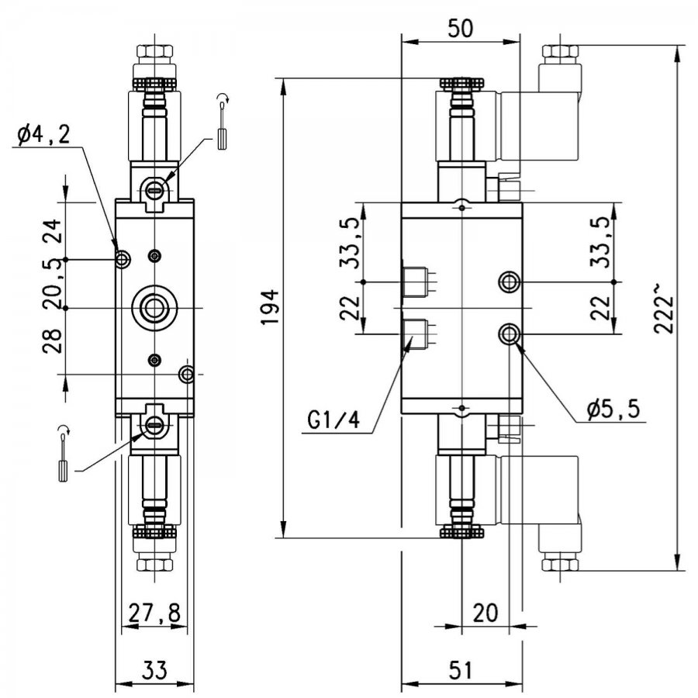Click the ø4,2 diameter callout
(43, 134)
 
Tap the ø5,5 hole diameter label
(613, 408)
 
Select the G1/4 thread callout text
(333, 420)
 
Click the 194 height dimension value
(271, 307)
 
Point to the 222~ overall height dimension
(663, 307)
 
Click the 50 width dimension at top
(460, 29)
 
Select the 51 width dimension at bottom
(460, 670)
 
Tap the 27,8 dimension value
(155, 613)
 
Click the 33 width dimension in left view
(155, 670)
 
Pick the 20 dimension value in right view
(485, 613)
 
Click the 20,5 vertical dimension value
(54, 284)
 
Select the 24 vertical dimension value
(54, 230)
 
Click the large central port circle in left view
(154, 308)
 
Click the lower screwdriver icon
(64, 453)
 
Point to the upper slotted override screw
(155, 190)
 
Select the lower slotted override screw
(155, 425)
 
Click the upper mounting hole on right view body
(510, 282)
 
